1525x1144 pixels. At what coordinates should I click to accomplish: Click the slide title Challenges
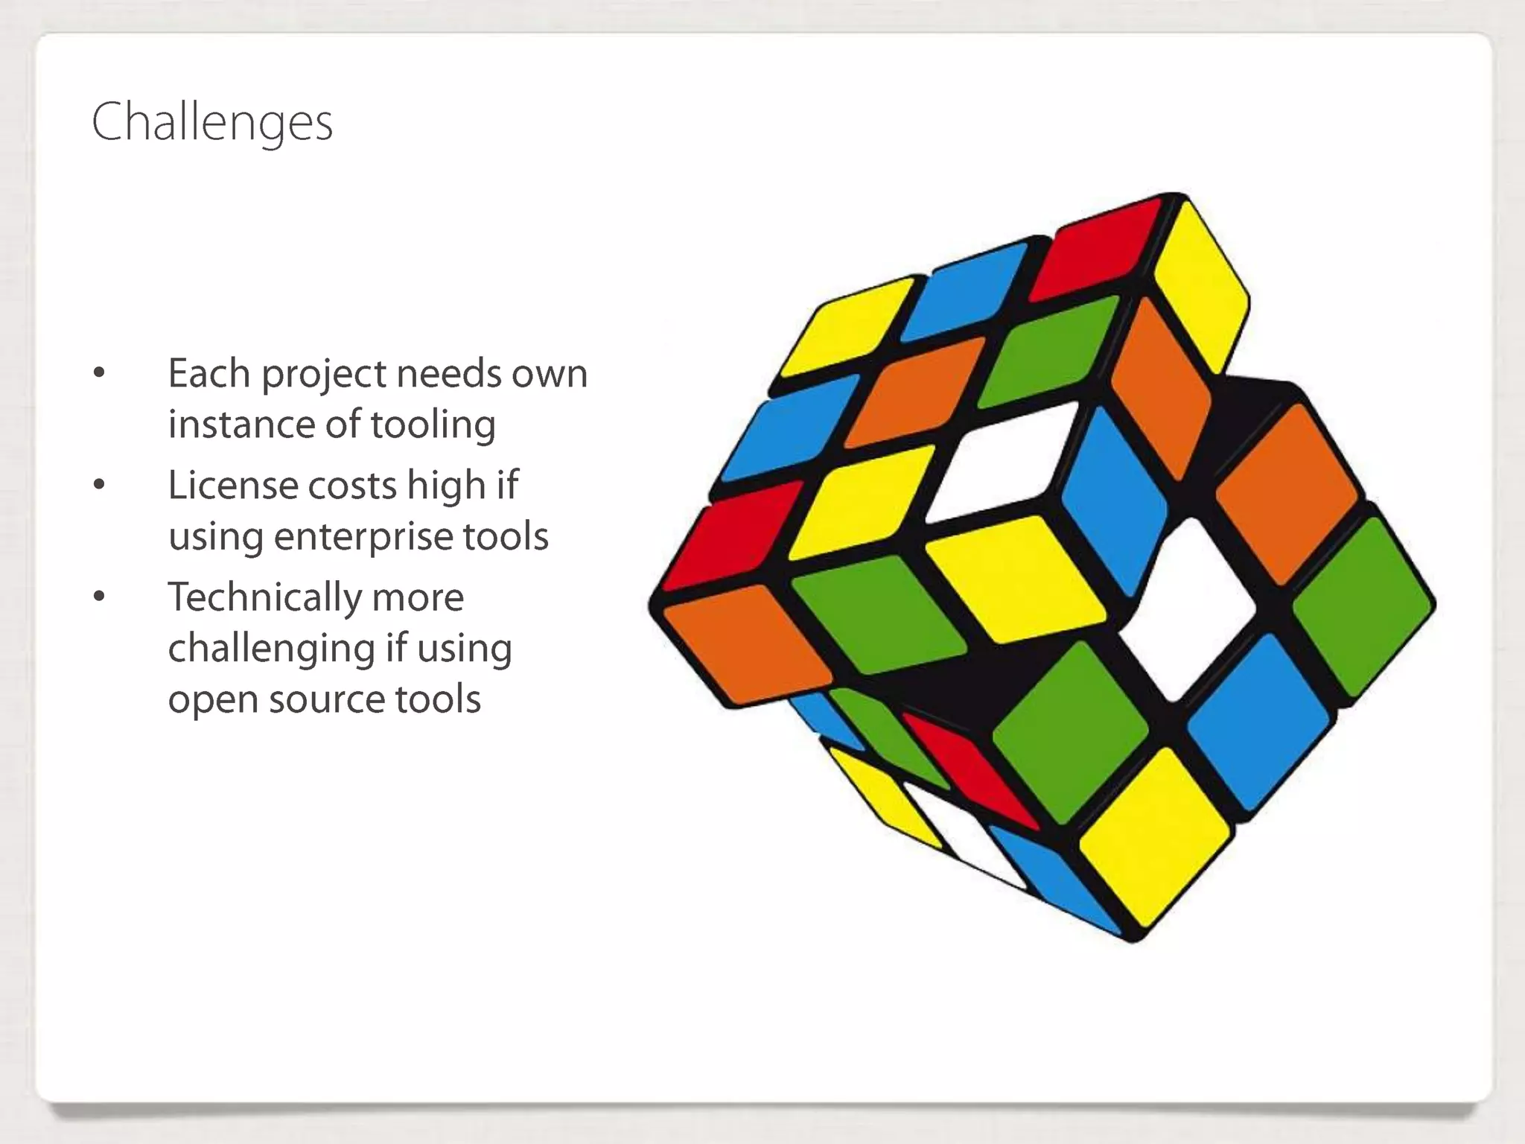[212, 122]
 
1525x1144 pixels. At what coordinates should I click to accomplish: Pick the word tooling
[433, 425]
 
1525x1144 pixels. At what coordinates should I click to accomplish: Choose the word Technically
[264, 597]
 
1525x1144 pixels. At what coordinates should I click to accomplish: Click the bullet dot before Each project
[99, 373]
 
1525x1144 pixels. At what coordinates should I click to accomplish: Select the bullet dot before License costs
[99, 486]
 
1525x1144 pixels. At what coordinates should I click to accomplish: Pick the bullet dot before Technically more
[99, 597]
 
